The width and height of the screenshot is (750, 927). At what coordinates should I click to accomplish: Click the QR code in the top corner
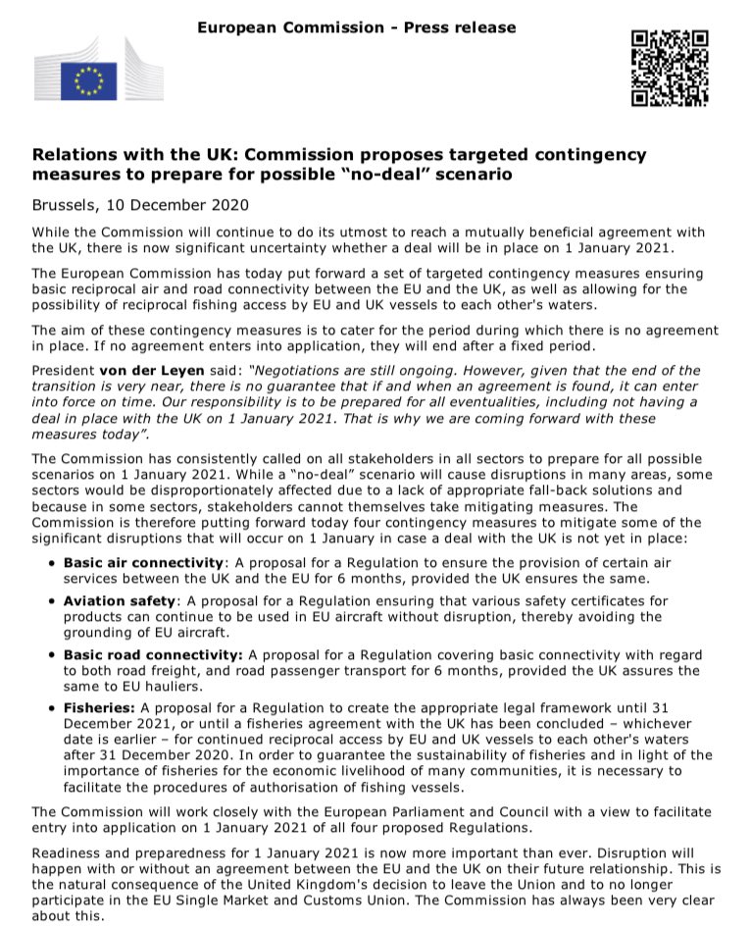pyautogui.click(x=670, y=68)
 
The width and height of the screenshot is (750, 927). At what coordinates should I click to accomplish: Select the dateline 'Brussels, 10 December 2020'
pyautogui.click(x=140, y=205)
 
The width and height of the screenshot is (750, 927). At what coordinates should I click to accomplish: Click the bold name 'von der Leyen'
pyautogui.click(x=145, y=371)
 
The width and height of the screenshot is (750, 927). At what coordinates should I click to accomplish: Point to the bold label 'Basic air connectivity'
pyautogui.click(x=143, y=563)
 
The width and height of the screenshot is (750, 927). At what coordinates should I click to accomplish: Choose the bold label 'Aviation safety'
pyautogui.click(x=120, y=600)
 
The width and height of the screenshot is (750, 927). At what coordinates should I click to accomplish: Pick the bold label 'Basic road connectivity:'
pyautogui.click(x=153, y=654)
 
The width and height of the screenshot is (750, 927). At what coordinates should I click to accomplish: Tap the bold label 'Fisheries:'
pyautogui.click(x=101, y=708)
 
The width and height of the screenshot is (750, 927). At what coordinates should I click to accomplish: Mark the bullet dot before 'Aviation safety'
pyautogui.click(x=51, y=601)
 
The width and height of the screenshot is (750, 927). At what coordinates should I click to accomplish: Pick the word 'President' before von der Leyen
pyautogui.click(x=63, y=371)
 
